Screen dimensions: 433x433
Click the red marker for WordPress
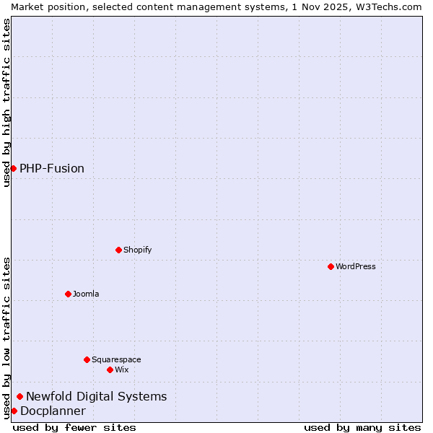(x=331, y=266)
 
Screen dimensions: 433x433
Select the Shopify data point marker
(x=118, y=250)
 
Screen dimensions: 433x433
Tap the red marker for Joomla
(x=68, y=294)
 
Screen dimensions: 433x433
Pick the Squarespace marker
(x=87, y=359)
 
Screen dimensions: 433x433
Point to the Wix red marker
(x=110, y=369)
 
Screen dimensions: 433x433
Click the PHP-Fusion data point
(x=13, y=168)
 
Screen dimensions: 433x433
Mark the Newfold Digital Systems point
(x=19, y=396)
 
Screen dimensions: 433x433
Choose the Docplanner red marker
(x=14, y=411)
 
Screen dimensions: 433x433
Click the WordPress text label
(x=356, y=266)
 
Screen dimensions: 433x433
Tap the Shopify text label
(x=137, y=250)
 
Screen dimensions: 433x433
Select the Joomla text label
(x=86, y=294)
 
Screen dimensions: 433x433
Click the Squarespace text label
(x=116, y=359)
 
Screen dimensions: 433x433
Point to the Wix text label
(x=122, y=369)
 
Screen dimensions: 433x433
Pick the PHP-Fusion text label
(x=52, y=168)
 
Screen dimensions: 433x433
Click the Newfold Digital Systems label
(x=96, y=396)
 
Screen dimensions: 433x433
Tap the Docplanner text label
(x=53, y=411)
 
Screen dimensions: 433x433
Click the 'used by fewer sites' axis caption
(x=74, y=427)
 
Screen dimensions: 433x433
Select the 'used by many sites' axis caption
(x=362, y=427)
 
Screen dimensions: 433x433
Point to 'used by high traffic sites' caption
(x=6, y=102)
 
